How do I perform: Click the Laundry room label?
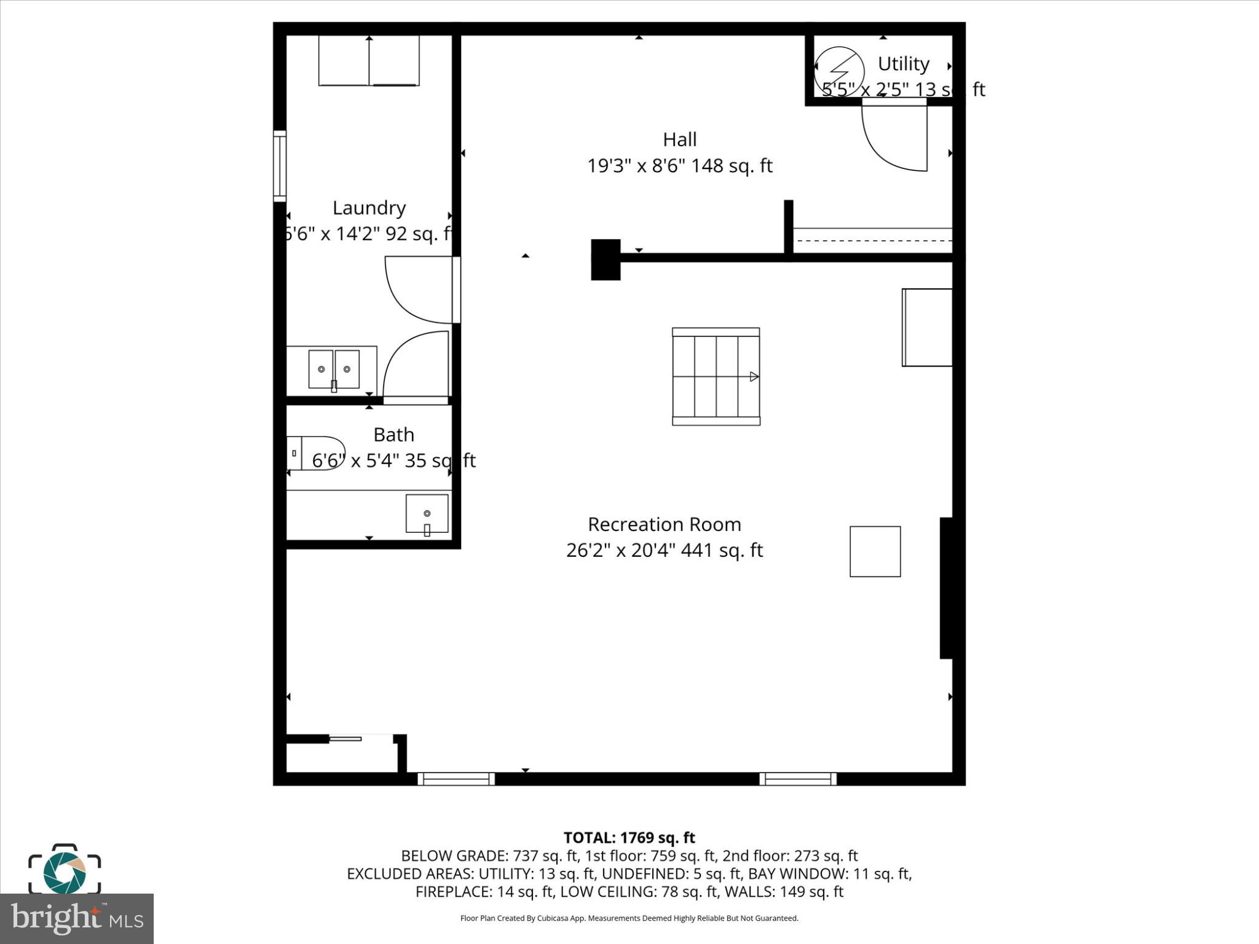(369, 208)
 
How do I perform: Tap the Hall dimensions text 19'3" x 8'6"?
(679, 166)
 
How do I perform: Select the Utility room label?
(902, 64)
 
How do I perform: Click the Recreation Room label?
(664, 524)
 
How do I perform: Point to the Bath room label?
(393, 435)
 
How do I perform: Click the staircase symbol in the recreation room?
(716, 376)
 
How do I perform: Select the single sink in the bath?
(427, 514)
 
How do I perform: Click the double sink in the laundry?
(333, 369)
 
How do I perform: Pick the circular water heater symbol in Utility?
(839, 67)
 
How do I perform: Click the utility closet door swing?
(894, 135)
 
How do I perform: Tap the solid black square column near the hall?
(606, 259)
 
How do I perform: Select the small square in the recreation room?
(875, 551)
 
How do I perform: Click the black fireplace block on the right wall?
(945, 588)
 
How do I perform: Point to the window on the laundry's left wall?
(280, 166)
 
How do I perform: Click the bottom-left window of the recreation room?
(456, 779)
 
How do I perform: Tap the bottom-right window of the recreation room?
(797, 779)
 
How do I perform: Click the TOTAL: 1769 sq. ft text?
(629, 838)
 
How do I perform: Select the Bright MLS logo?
(76, 918)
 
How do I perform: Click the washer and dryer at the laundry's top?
(369, 60)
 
